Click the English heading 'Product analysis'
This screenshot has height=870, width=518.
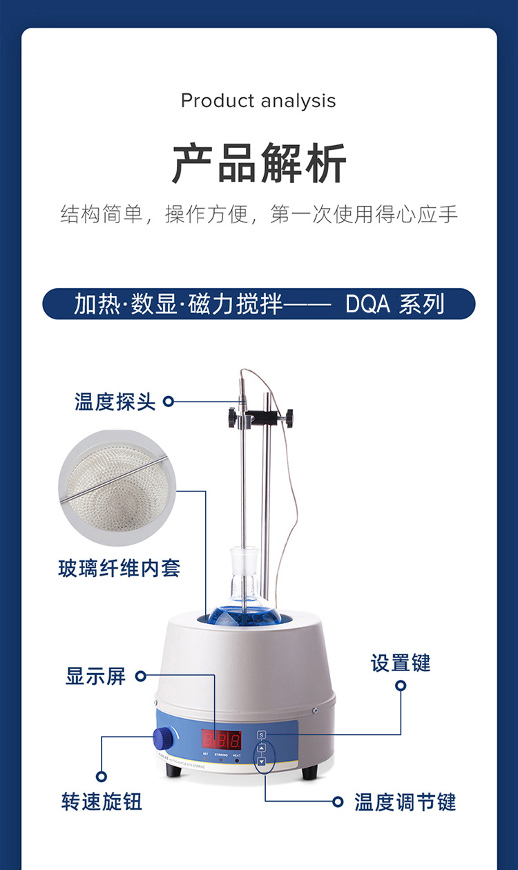click(x=258, y=101)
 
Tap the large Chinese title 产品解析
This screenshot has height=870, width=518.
click(x=259, y=163)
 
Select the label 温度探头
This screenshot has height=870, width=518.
click(x=115, y=401)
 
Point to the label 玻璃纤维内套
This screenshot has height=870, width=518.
click(x=119, y=568)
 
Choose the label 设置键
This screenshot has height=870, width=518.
click(x=401, y=663)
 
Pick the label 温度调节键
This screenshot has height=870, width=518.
click(x=405, y=802)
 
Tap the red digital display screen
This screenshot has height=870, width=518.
click(x=221, y=740)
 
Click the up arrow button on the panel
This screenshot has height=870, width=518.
click(x=261, y=748)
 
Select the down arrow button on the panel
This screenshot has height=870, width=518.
click(x=261, y=762)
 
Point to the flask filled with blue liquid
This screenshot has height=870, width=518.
click(x=247, y=608)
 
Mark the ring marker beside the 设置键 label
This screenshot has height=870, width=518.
click(x=401, y=685)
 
